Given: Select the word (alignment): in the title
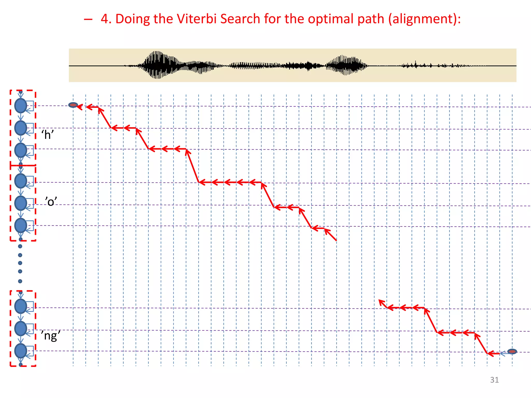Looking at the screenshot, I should [x=424, y=19].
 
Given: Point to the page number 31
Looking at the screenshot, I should [x=494, y=380].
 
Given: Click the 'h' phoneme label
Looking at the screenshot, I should [x=47, y=135].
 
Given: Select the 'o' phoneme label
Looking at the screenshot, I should [x=51, y=202].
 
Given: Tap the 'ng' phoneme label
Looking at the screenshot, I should [x=51, y=336].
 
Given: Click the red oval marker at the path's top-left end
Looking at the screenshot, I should [x=73, y=105].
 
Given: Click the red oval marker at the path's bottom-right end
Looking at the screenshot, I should [x=512, y=351].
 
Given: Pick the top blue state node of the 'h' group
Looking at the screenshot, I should [x=21, y=106].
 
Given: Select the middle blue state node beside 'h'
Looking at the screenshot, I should [x=21, y=128].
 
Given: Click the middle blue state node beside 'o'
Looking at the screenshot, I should [x=21, y=203].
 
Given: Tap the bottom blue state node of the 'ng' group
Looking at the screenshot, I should [x=21, y=351].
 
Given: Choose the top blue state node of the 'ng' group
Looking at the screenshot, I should [x=21, y=306].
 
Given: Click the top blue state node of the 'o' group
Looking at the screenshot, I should [x=21, y=181].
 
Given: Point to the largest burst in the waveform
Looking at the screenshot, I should [x=157, y=65].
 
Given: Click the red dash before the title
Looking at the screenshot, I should [x=88, y=19].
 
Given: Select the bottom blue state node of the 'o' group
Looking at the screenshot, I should [x=21, y=225].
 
